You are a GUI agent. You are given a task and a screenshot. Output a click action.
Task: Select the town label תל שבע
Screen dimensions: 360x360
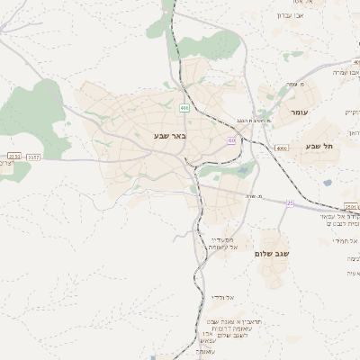tap(319, 146)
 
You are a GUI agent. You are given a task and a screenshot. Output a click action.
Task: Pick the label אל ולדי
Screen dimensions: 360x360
tap(222, 296)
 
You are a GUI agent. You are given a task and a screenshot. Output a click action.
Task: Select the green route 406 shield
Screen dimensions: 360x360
tap(184, 107)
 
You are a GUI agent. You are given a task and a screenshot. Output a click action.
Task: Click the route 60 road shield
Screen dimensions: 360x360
tap(231, 140)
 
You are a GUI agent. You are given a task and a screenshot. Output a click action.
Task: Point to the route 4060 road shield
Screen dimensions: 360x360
tap(282, 148)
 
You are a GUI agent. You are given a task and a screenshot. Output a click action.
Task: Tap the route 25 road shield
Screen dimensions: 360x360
tap(290, 203)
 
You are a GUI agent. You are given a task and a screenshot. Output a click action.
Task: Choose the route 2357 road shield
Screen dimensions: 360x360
tap(34, 157)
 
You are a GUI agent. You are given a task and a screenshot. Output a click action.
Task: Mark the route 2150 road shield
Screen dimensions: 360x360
tap(13, 157)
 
